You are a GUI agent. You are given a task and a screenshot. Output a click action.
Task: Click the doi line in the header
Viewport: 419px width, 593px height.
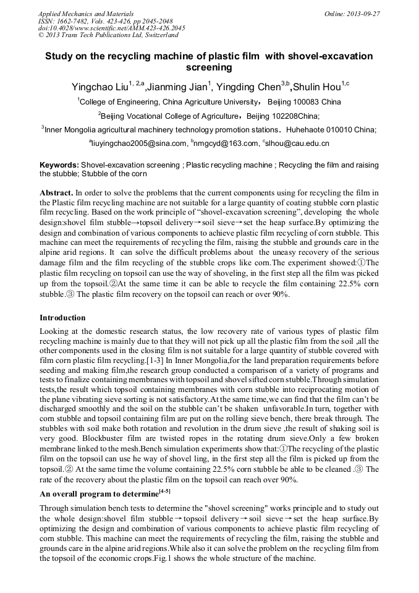[x=112, y=28]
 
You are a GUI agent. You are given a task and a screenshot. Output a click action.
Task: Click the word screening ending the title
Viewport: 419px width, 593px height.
[x=209, y=67]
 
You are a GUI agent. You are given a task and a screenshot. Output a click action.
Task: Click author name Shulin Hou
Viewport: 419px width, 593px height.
[x=315, y=87]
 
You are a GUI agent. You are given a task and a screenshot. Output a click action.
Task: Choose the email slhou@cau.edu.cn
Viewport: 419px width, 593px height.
[x=298, y=143]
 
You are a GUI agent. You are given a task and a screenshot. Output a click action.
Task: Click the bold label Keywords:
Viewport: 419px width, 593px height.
[x=59, y=166]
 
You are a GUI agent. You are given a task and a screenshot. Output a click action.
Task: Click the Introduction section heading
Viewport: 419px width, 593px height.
[x=62, y=318]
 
